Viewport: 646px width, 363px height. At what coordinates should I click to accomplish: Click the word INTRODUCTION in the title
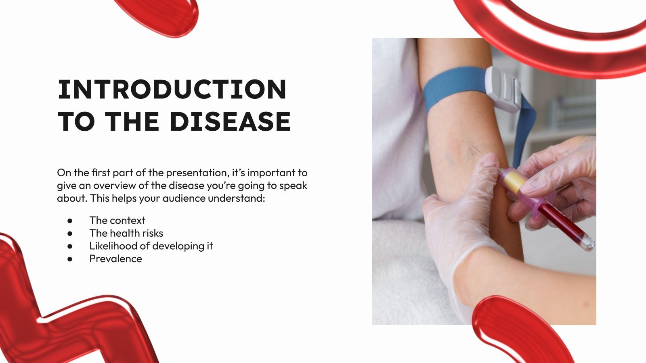click(x=172, y=89)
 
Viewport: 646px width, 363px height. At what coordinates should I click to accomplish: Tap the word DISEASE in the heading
click(x=230, y=121)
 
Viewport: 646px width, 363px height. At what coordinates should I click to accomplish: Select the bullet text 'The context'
click(x=117, y=220)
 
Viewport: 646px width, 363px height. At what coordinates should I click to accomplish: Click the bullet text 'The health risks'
click(x=126, y=233)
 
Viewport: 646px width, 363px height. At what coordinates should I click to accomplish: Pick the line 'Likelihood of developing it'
click(x=151, y=246)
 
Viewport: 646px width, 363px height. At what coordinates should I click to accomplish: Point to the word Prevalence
click(x=115, y=259)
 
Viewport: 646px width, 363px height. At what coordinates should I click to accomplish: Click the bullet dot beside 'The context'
click(x=70, y=221)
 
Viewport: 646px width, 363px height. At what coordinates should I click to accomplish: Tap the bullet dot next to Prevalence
click(x=70, y=259)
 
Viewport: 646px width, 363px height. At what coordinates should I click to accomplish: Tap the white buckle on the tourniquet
click(x=503, y=89)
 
